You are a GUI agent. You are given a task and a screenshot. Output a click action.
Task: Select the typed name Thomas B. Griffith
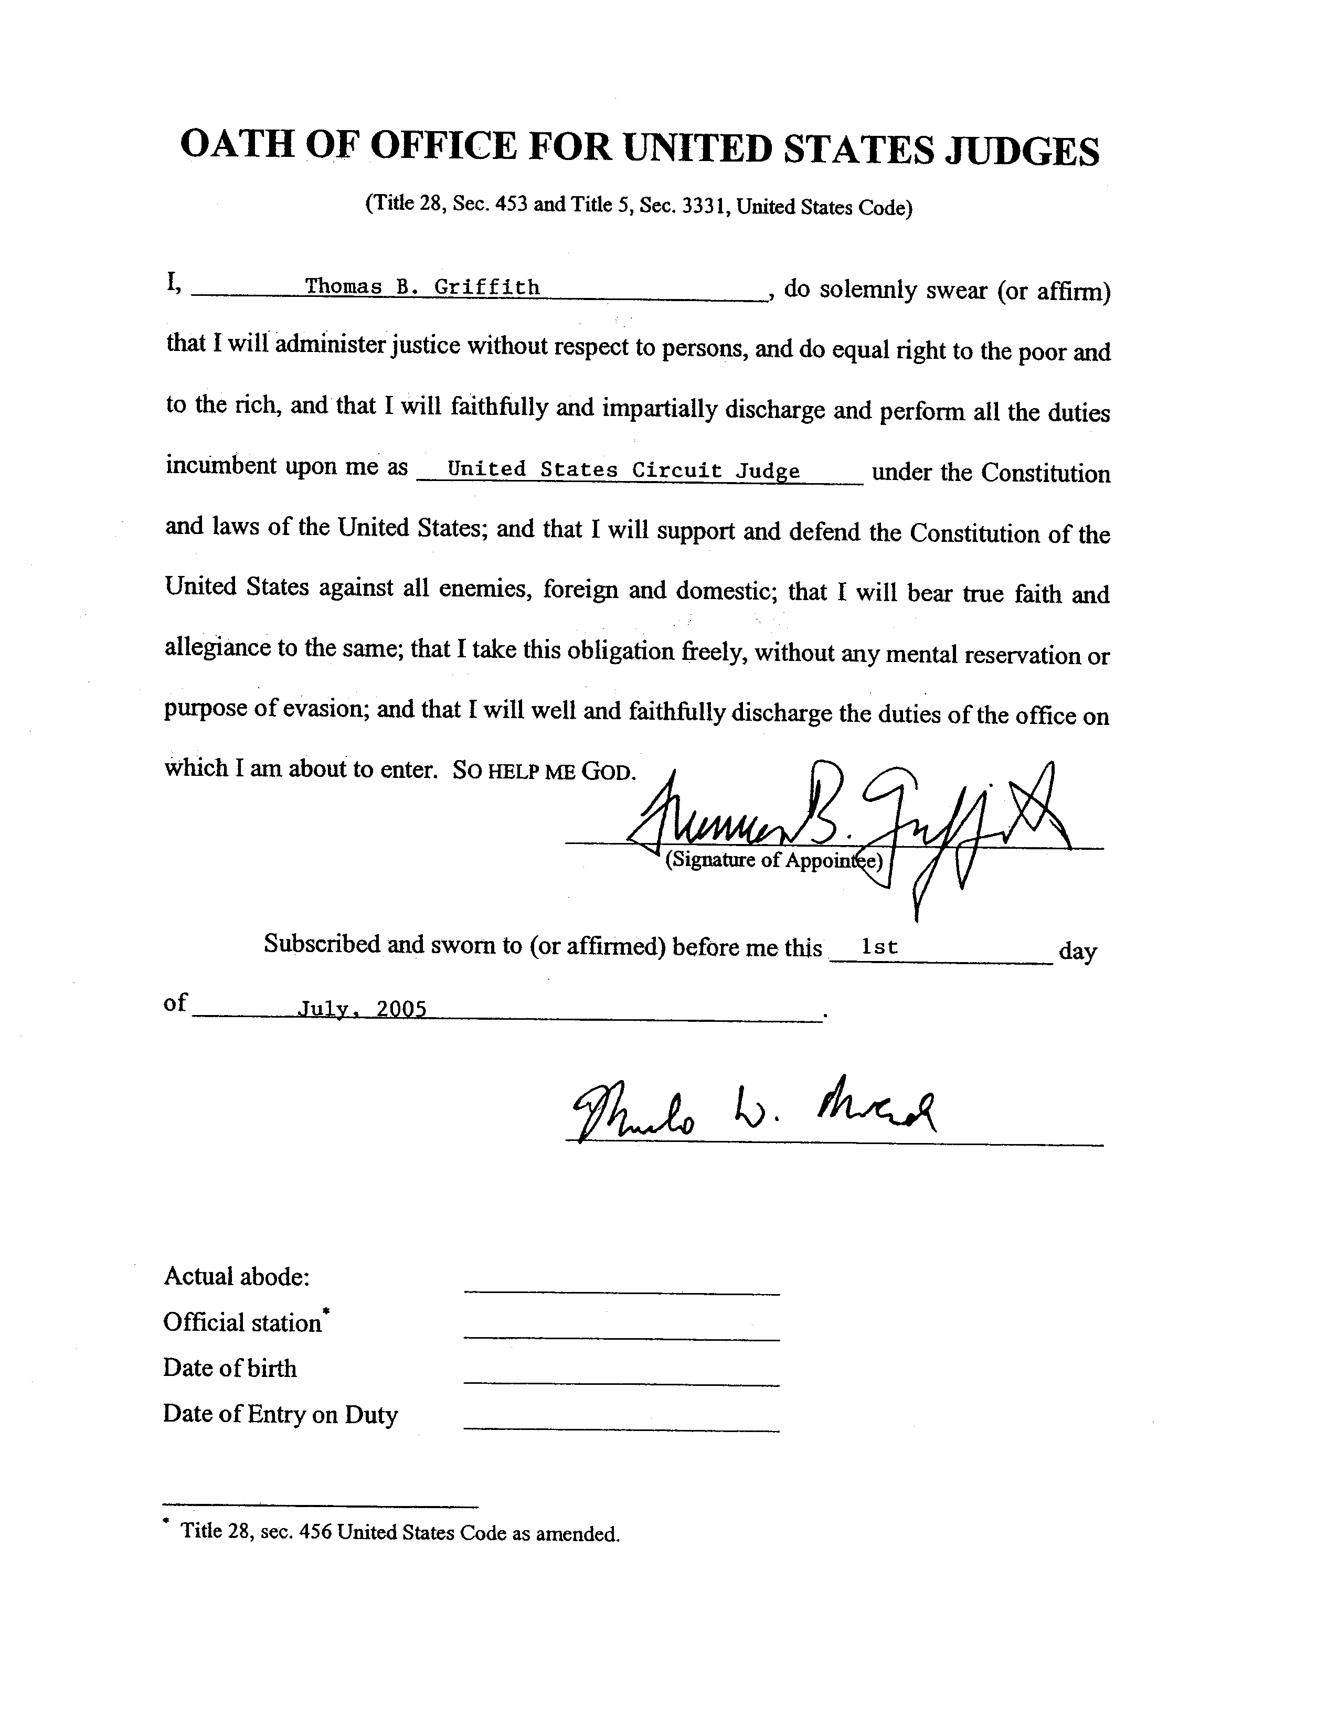click(x=422, y=287)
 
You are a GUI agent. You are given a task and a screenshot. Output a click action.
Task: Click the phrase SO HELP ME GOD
click(x=544, y=772)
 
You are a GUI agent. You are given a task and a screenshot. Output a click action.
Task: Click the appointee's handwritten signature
click(x=847, y=824)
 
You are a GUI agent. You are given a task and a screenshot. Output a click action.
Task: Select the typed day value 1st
click(x=879, y=947)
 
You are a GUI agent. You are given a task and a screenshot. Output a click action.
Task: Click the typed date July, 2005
click(x=362, y=1009)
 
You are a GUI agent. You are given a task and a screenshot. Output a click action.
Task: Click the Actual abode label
click(x=236, y=1276)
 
